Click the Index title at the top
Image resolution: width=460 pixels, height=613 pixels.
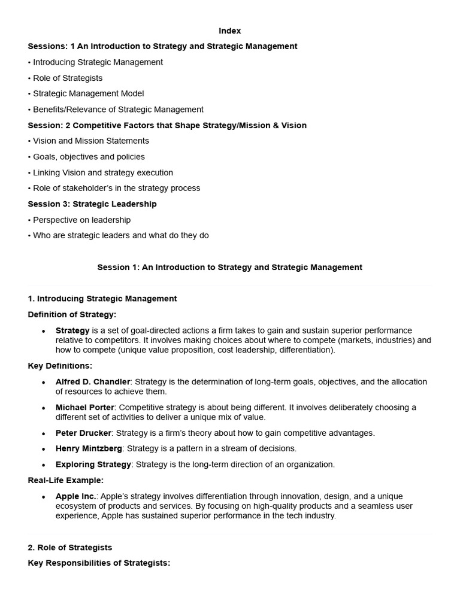click(x=230, y=31)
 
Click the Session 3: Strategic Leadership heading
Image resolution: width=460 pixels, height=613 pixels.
click(x=92, y=204)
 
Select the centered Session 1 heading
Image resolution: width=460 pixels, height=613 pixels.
click(x=230, y=267)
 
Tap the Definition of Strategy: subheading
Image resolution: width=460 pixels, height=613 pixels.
click(x=72, y=314)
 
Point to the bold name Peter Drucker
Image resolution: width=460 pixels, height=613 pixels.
click(x=83, y=433)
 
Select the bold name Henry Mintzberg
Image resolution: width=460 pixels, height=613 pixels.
click(x=89, y=448)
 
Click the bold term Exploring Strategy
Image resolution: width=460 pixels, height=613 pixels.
click(x=93, y=464)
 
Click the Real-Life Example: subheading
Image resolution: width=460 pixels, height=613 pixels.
click(x=66, y=480)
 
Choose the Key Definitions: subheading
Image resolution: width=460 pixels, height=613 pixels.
click(x=60, y=366)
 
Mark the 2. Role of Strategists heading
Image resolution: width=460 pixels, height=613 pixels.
click(x=70, y=547)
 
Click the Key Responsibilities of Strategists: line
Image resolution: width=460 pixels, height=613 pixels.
click(x=99, y=563)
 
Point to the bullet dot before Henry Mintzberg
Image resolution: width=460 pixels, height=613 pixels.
click(x=44, y=449)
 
